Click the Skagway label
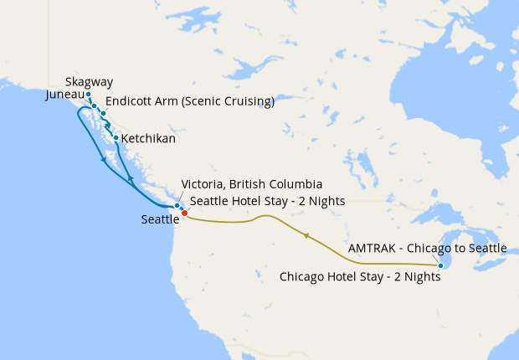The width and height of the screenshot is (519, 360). (x=89, y=82)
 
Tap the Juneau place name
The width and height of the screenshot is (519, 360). (x=65, y=95)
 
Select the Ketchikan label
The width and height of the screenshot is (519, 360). (x=148, y=138)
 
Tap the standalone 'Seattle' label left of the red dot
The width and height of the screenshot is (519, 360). (x=161, y=219)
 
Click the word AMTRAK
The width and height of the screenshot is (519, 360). (x=374, y=249)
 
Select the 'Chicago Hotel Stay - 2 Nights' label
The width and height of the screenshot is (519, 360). (x=360, y=276)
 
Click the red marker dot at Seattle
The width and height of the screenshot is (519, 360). (x=184, y=213)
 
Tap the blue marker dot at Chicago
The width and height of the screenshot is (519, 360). (x=441, y=266)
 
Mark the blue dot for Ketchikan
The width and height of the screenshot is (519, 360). (x=116, y=138)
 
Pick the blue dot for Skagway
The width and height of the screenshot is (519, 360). (x=88, y=94)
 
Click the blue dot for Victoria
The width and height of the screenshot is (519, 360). (x=177, y=206)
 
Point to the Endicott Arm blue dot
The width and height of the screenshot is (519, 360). (x=104, y=112)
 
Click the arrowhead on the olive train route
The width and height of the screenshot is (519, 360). (x=306, y=236)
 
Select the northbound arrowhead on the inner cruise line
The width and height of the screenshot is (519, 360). (x=130, y=180)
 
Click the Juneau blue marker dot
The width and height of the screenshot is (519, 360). (x=95, y=105)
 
